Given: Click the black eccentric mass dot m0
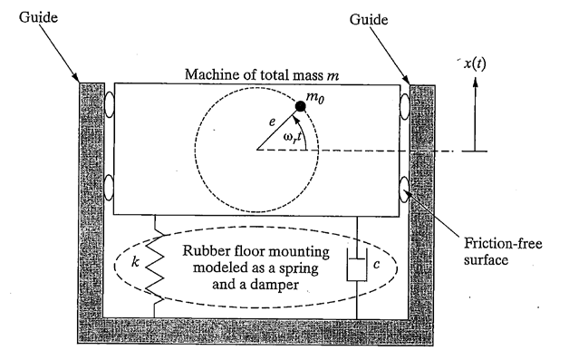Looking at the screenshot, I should click(x=300, y=106).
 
